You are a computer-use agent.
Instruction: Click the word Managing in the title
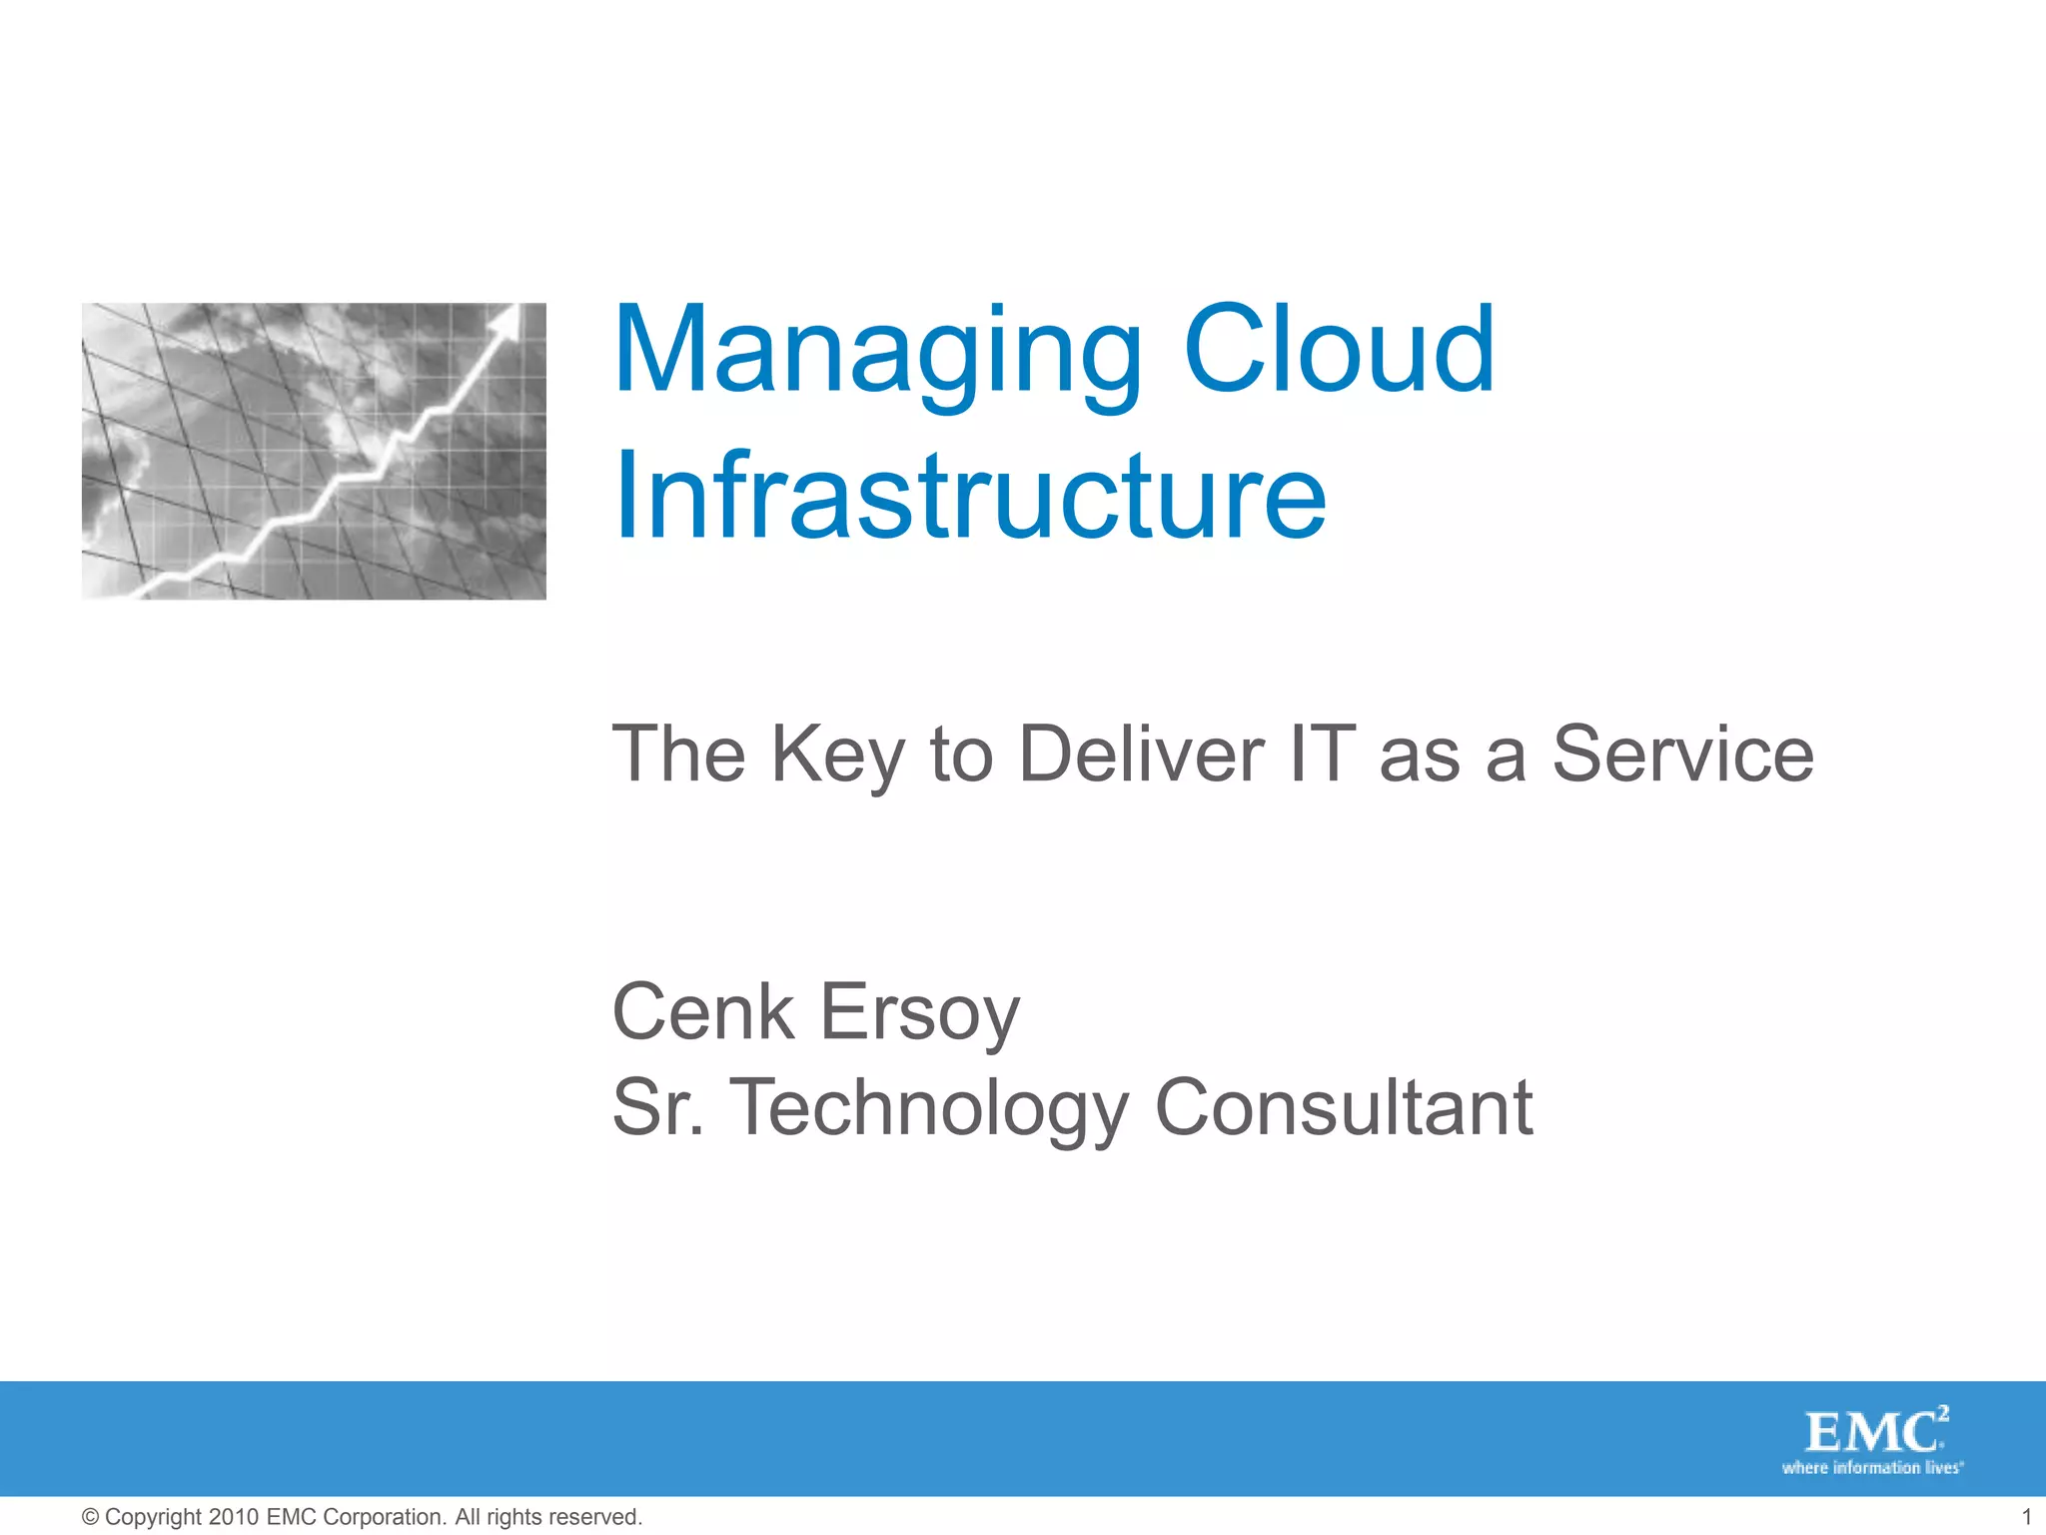click(x=877, y=352)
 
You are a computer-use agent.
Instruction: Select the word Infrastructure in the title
click(x=970, y=497)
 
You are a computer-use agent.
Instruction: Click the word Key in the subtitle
click(x=837, y=756)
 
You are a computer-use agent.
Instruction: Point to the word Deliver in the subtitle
click(x=1141, y=754)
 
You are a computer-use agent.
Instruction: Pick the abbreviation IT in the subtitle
click(x=1322, y=754)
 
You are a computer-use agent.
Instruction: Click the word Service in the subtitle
click(x=1682, y=754)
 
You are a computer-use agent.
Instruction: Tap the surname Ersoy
click(x=920, y=1013)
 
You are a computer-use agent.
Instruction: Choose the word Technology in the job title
click(x=930, y=1109)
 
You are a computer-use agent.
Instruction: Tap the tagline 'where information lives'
click(x=1872, y=1468)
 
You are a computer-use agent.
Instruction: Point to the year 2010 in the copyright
click(x=234, y=1517)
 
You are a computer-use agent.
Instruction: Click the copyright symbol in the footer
click(x=90, y=1517)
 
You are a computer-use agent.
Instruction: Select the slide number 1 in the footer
click(x=2026, y=1517)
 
